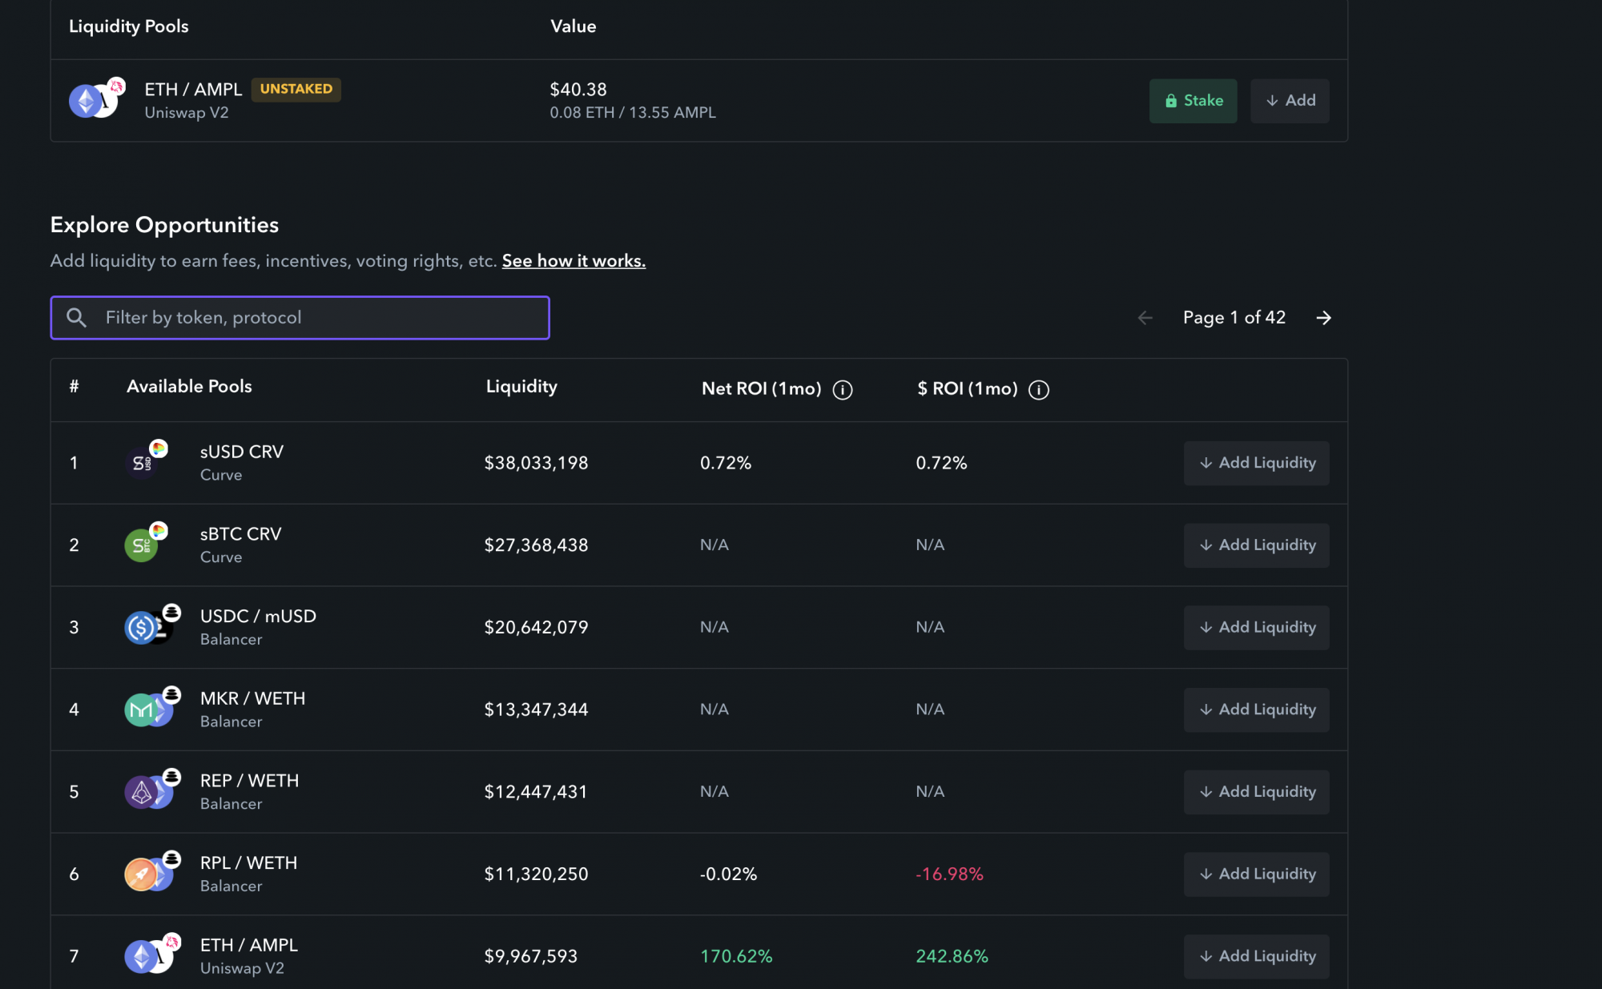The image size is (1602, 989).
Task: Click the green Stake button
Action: pos(1193,101)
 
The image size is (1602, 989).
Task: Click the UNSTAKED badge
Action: pos(296,89)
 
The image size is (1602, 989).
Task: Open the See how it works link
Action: pos(574,261)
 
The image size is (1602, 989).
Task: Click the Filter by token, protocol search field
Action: pos(300,318)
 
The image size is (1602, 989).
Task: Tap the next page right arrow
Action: pos(1323,318)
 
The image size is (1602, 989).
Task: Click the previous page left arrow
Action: pos(1145,318)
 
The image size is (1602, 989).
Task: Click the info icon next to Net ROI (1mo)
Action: pos(843,390)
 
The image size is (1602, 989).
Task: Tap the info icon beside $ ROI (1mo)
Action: pos(1039,390)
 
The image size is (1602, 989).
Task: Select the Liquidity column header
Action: pos(521,387)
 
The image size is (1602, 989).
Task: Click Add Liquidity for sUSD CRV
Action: pos(1256,463)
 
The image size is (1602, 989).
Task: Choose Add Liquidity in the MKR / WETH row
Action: pos(1256,710)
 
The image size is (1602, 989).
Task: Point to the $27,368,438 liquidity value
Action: pos(536,545)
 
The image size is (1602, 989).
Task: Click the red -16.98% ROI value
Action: pos(949,874)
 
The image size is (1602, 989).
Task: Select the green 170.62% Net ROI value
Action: pos(736,956)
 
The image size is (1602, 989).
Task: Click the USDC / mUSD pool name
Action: pos(258,617)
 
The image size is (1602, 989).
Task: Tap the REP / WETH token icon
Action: pos(151,790)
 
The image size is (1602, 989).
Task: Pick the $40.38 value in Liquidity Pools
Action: pos(578,90)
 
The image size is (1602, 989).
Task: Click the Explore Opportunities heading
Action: pos(164,225)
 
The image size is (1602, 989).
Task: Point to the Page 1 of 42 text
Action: pos(1234,318)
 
